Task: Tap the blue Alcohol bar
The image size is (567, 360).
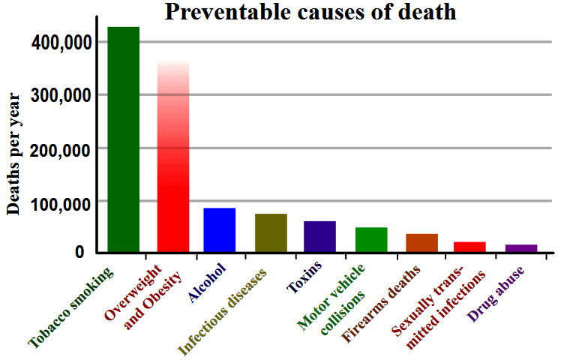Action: pos(220,229)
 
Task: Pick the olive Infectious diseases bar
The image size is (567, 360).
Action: pos(271,232)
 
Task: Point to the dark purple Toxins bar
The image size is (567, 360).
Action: pos(319,236)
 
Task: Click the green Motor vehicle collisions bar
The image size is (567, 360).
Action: pos(371,239)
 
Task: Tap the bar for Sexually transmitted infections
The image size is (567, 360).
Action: pos(470,247)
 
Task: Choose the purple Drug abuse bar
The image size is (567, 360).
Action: pos(521,247)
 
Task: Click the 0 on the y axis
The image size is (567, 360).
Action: pos(79,253)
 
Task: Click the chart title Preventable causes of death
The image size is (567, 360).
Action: pos(310,13)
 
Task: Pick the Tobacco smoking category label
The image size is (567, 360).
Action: pos(71,307)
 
